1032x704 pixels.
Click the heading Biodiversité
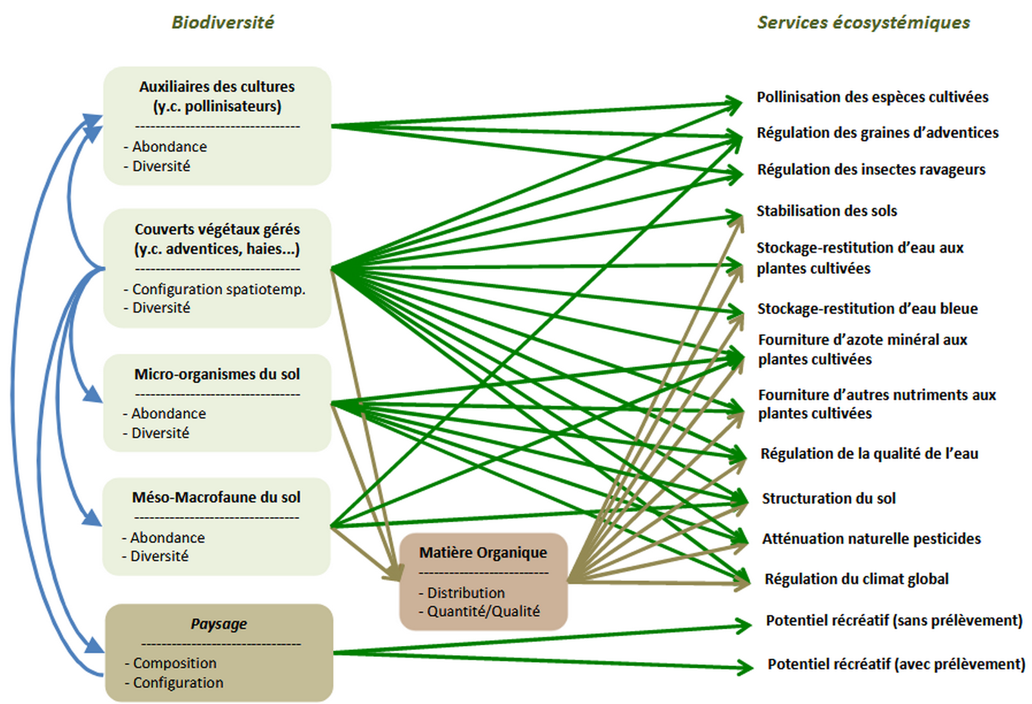[223, 23]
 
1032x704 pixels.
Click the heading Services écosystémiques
[863, 23]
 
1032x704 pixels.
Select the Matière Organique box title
[483, 552]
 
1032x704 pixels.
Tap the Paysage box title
[219, 624]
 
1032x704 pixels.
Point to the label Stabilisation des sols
[826, 211]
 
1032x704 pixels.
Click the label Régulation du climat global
[856, 579]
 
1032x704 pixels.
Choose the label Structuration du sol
[828, 498]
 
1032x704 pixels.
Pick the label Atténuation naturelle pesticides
[871, 539]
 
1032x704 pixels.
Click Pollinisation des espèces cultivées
[872, 97]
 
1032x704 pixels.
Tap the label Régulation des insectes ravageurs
[871, 170]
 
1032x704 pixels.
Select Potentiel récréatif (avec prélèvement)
[896, 664]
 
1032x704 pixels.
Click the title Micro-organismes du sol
[217, 375]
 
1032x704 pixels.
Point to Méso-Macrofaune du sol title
[216, 498]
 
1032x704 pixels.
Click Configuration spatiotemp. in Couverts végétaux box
[219, 289]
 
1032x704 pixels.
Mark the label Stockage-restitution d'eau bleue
[867, 309]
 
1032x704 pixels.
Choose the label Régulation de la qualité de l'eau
[869, 454]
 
